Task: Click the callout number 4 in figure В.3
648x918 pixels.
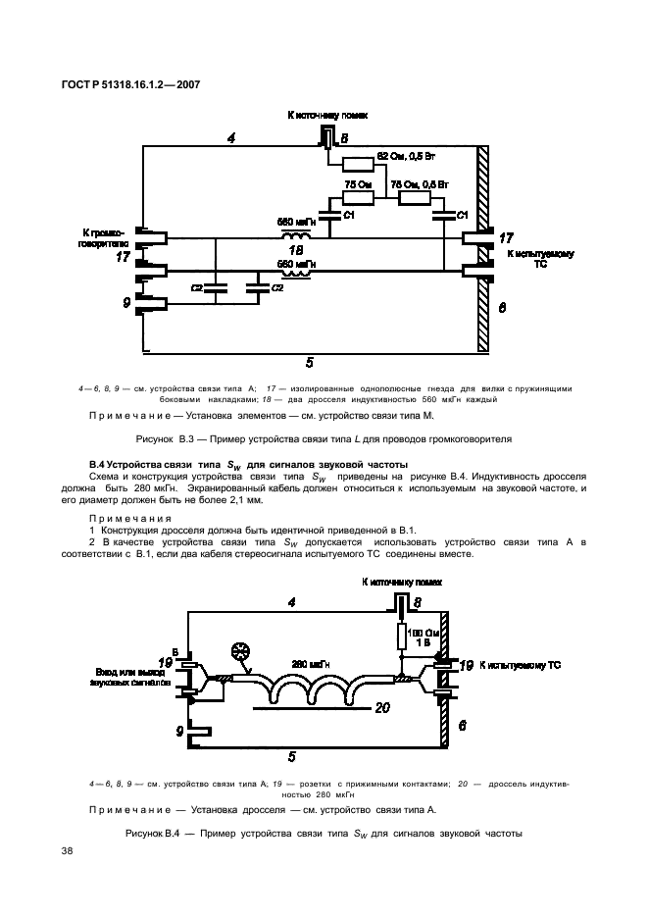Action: [230, 138]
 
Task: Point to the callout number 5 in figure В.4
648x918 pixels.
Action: [292, 755]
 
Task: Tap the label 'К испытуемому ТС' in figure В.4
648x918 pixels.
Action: [517, 665]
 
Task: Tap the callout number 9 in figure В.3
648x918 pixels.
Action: [126, 304]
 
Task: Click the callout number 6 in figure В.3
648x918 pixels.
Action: [502, 307]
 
